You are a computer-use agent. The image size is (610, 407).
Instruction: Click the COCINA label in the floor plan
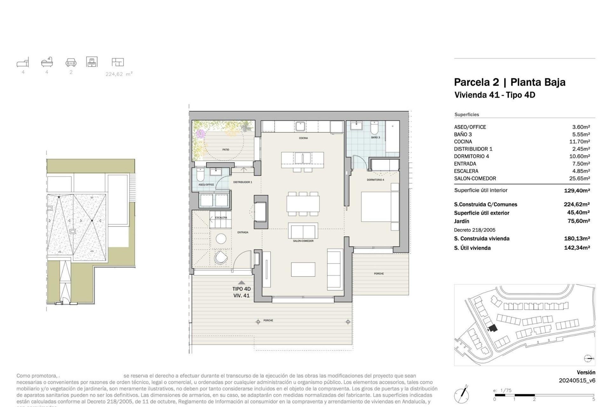click(303, 138)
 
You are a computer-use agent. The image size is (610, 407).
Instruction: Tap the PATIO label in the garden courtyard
click(226, 149)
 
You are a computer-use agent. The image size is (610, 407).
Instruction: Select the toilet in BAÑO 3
click(375, 128)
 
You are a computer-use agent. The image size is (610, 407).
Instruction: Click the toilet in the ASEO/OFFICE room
click(200, 175)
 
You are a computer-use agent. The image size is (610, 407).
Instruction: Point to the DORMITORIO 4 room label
click(375, 180)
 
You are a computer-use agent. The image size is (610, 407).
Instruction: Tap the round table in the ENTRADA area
click(221, 238)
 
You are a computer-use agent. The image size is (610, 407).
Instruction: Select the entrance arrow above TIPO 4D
click(241, 282)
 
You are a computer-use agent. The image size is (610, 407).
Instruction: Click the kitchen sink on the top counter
click(300, 126)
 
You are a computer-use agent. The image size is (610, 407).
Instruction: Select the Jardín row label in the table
click(461, 221)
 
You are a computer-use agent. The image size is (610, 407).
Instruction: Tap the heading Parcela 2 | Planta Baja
click(509, 82)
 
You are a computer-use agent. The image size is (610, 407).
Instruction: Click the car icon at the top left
click(71, 62)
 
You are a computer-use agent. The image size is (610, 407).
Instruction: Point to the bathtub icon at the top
click(47, 62)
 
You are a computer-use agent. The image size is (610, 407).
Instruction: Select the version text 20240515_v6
click(577, 380)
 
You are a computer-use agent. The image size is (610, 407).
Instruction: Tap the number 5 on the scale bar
click(593, 399)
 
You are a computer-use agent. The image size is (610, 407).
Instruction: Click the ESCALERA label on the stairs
click(221, 218)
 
